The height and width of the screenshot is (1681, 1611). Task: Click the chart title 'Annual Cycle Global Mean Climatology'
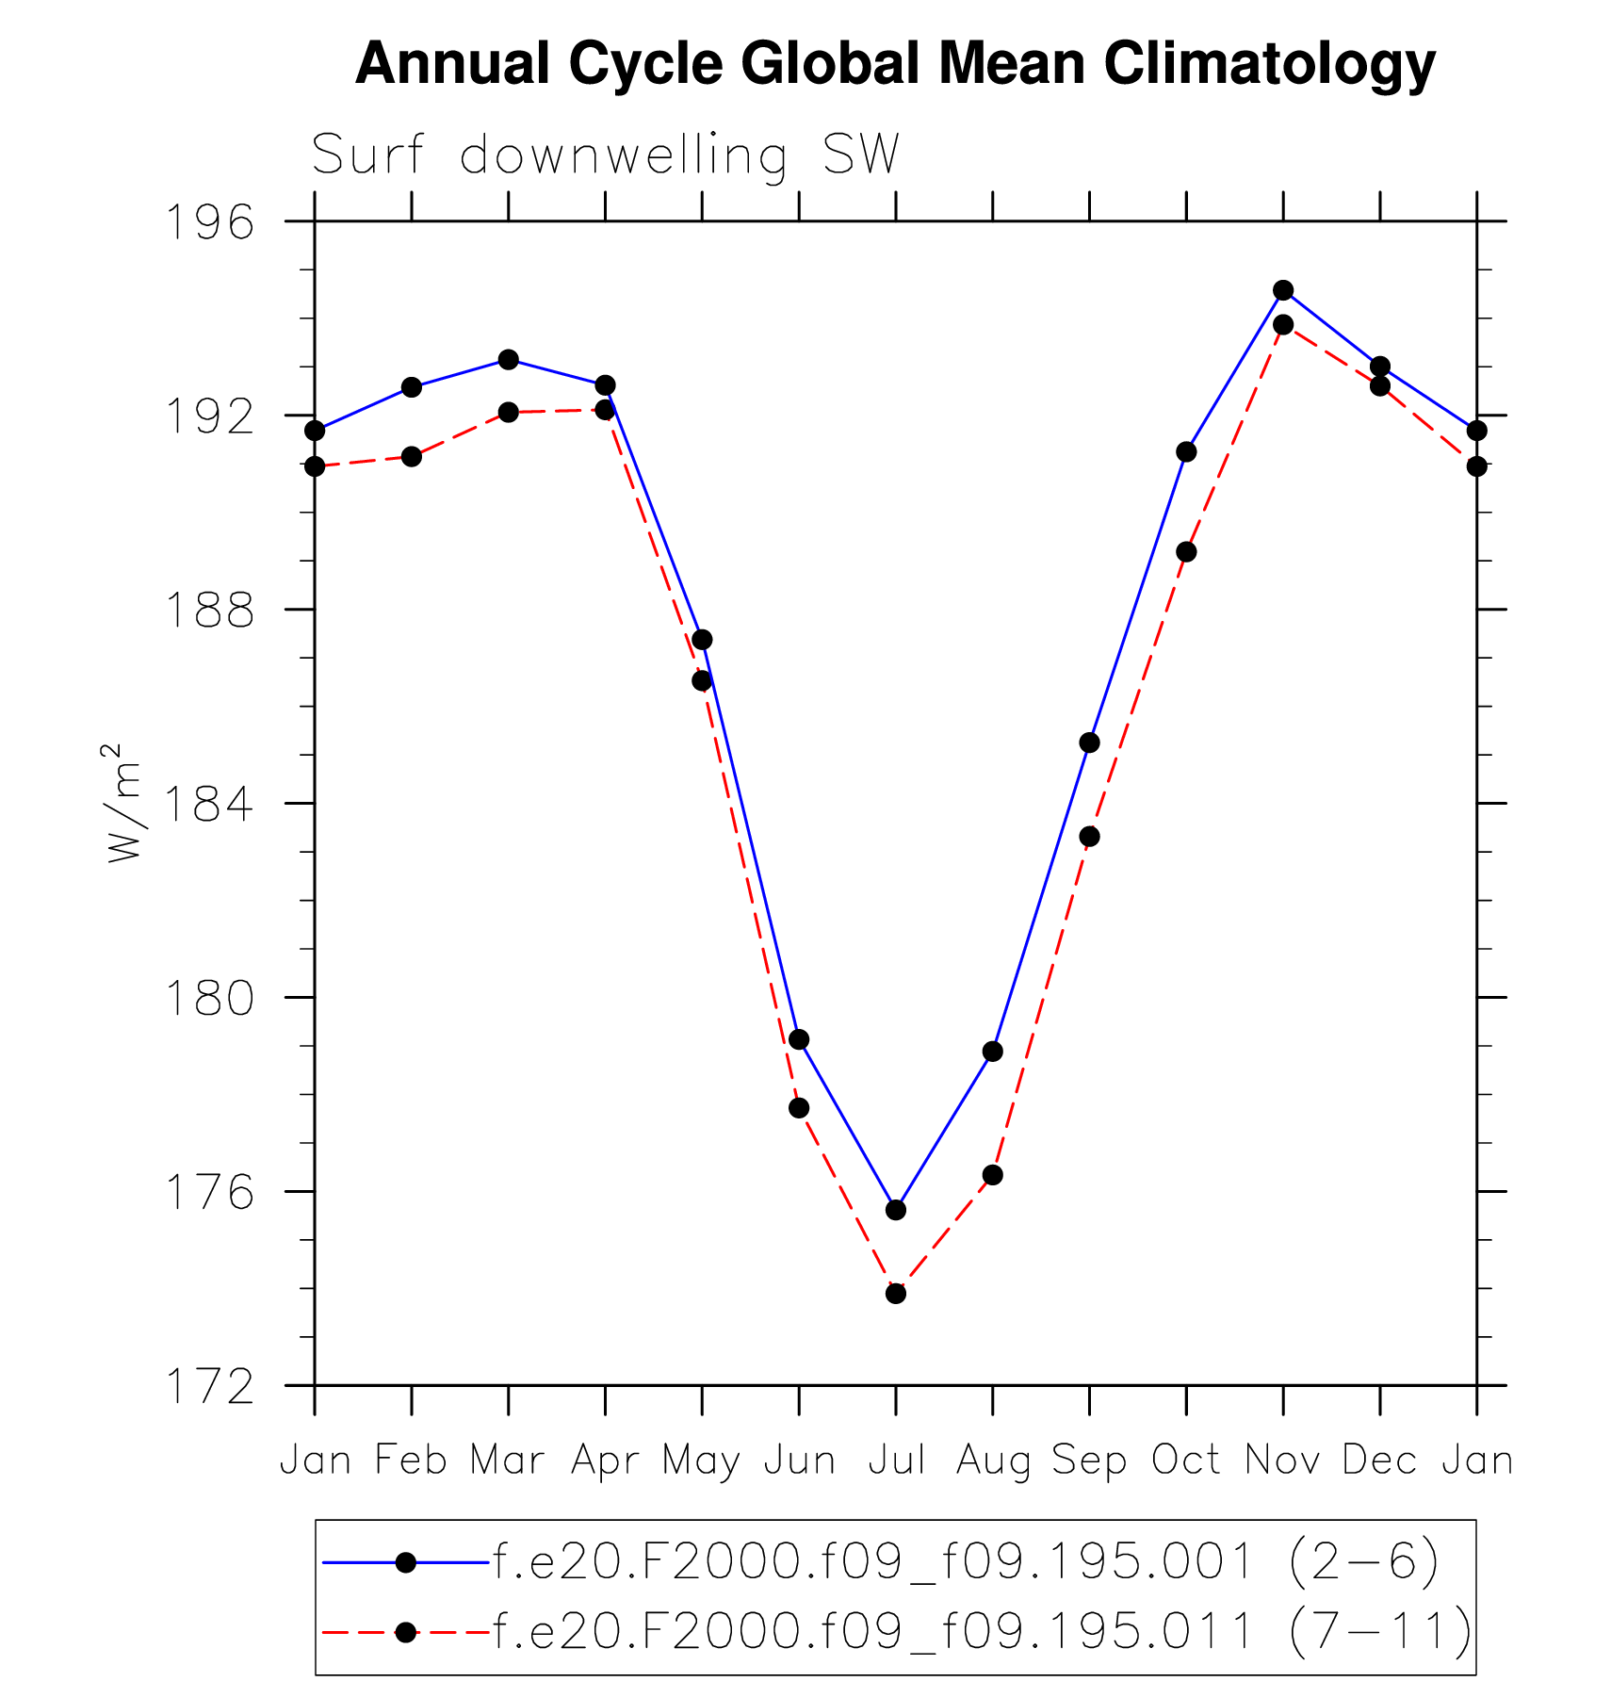click(x=895, y=64)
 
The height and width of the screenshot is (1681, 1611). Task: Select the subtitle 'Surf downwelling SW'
click(x=605, y=155)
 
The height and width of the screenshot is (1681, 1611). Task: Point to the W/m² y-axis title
click(x=123, y=803)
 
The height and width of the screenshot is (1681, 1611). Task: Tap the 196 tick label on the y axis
click(x=209, y=223)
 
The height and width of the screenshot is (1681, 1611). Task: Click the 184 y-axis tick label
click(x=209, y=805)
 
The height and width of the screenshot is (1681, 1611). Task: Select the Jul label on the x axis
click(x=896, y=1461)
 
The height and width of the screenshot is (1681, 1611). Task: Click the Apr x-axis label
click(x=605, y=1461)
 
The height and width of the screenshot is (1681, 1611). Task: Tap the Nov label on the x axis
click(x=1283, y=1461)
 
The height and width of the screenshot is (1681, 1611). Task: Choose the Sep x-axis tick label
click(x=1089, y=1461)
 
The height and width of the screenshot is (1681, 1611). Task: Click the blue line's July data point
click(x=896, y=1210)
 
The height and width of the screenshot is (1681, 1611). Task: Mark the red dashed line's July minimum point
click(x=896, y=1294)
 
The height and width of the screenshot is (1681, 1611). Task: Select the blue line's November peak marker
click(x=1283, y=290)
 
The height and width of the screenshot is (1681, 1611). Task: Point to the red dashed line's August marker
click(x=993, y=1175)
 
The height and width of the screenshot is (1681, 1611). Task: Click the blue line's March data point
click(x=509, y=359)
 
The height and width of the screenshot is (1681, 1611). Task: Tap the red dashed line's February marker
click(x=412, y=456)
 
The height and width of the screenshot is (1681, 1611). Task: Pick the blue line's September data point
click(x=1090, y=743)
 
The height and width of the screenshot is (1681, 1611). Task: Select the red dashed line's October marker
click(x=1187, y=551)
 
